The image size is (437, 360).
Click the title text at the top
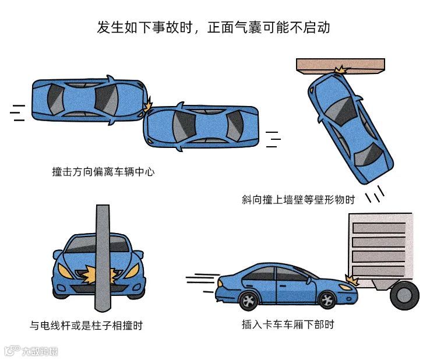[213, 27]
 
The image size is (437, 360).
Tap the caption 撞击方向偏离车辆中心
[103, 172]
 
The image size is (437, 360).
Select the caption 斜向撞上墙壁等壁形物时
[298, 200]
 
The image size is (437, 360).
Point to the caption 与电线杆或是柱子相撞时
[86, 325]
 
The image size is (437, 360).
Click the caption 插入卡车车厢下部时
[288, 324]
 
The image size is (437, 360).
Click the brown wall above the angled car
[340, 66]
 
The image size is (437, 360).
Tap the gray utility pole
[103, 258]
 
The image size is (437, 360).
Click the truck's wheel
[405, 295]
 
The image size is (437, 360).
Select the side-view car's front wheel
[327, 300]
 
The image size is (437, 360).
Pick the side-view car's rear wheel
[249, 301]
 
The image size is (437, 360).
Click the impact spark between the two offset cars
[148, 104]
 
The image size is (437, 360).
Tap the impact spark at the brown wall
[341, 70]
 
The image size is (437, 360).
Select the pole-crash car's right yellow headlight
[132, 271]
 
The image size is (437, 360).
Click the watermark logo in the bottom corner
[31, 351]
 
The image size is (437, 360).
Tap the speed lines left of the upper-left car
[17, 113]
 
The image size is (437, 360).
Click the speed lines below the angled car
[375, 193]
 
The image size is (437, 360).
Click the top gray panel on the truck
[379, 228]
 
